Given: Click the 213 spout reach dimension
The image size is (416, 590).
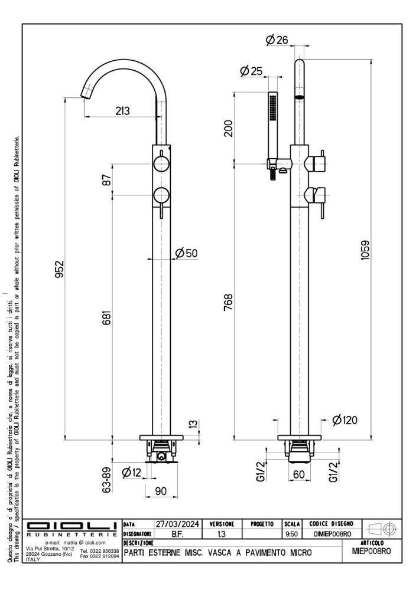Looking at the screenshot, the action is pos(122,111).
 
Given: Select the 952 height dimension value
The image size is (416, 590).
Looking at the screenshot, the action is pos(60,269).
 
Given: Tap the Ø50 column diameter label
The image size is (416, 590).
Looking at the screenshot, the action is pos(187,253).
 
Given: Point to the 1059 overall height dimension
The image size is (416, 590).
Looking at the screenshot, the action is pos(365,250).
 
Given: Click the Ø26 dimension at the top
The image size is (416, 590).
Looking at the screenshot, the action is pos(277,40).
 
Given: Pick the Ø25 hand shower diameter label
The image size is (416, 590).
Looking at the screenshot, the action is pos(251,71).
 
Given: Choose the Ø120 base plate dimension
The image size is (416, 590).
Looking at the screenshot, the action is pos(344,420).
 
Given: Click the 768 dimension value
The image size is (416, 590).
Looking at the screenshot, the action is pos(228,302).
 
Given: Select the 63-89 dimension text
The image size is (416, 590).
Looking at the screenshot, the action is pos(107,480).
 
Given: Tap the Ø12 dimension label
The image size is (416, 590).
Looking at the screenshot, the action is pos(132,472).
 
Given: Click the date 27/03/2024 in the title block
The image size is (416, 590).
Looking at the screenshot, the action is pos(177,524).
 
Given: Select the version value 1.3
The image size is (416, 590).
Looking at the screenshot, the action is pos(222,534).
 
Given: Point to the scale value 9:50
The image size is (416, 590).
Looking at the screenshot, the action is pos(292,534).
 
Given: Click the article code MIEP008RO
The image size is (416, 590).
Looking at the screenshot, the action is pos(372,551).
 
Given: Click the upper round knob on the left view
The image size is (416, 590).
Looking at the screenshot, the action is pos(161,164).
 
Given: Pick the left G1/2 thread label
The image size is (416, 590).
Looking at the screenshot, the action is pos(261,472).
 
